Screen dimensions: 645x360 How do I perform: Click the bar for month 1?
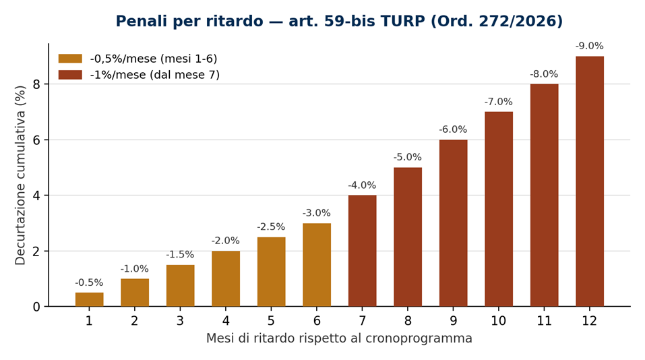[x=89, y=299]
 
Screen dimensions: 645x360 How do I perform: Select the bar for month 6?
[x=317, y=265]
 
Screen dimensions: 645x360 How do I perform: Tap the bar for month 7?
[x=363, y=251]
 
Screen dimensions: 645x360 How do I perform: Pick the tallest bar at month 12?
[x=590, y=181]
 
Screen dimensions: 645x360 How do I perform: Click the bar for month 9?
[x=454, y=223]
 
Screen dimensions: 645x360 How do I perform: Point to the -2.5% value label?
[x=271, y=227]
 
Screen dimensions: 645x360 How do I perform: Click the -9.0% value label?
[x=590, y=46]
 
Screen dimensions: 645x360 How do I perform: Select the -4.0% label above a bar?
[x=363, y=185]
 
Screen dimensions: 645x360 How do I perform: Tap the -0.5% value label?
[x=89, y=282]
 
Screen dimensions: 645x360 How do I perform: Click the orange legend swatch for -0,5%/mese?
[x=70, y=59]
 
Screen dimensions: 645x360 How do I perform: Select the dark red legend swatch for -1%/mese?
[x=70, y=74]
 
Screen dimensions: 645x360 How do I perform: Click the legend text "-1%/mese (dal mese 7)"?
[x=154, y=75]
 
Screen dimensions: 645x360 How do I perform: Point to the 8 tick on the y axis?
[x=36, y=84]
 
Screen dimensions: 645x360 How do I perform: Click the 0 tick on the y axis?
[x=36, y=307]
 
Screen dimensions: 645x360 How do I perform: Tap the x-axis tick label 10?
[x=499, y=321]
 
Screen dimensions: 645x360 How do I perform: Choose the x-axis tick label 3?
[x=180, y=321]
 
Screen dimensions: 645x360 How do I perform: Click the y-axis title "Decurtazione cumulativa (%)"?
[x=20, y=175]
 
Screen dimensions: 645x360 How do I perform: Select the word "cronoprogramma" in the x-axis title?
[x=419, y=339]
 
